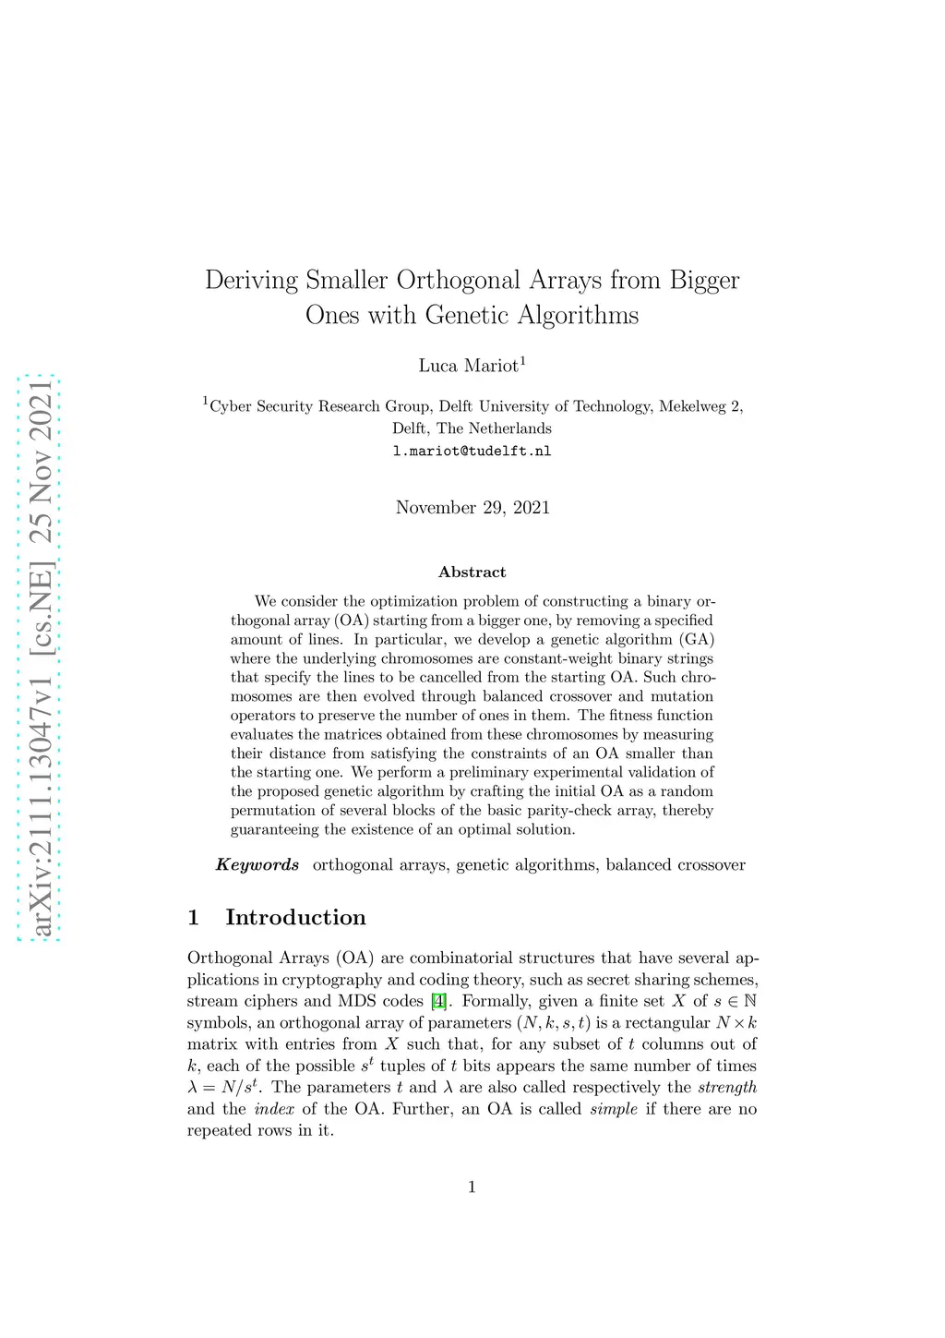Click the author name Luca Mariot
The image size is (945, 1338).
pos(469,366)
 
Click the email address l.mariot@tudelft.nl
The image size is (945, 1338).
pos(472,452)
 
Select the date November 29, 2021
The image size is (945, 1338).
pos(472,507)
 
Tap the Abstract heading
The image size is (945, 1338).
pos(472,573)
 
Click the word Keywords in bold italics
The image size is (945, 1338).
pos(257,865)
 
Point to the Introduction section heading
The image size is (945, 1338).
pos(295,917)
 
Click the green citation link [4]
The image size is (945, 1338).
pos(439,1001)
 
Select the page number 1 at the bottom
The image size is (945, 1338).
pos(472,1187)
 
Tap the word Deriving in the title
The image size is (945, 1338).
pos(251,280)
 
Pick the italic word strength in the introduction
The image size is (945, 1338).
pos(727,1087)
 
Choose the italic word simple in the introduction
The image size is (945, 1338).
pos(614,1109)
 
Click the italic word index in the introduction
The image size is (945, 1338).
pos(274,1109)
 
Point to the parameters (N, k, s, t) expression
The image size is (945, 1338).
pos(552,1022)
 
